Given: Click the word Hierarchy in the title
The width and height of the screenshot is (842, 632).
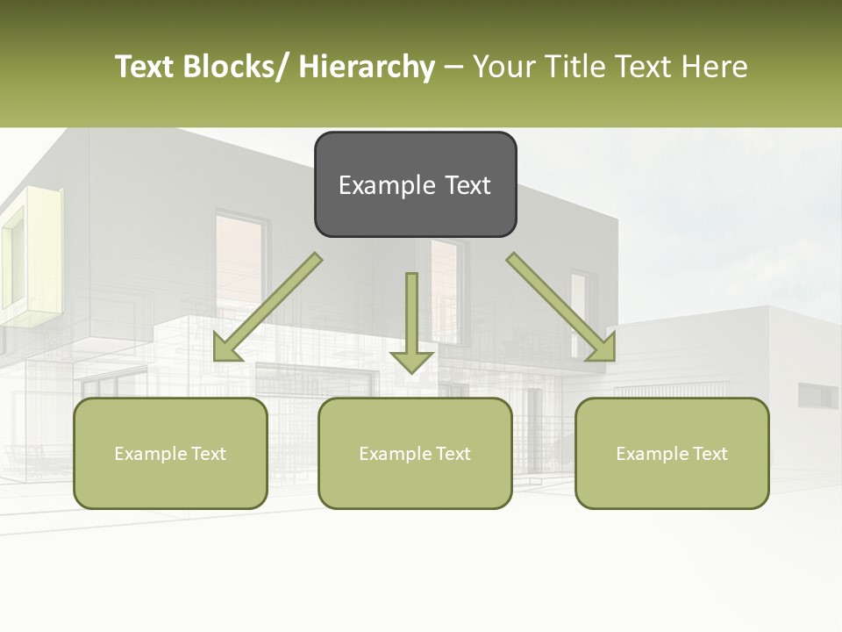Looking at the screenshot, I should pyautogui.click(x=367, y=67).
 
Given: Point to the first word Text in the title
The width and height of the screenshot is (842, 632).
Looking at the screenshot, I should pyautogui.click(x=145, y=67).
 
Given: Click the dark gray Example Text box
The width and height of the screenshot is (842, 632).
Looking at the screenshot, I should pyautogui.click(x=415, y=184).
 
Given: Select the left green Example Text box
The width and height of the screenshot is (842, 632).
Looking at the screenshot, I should pyautogui.click(x=170, y=453).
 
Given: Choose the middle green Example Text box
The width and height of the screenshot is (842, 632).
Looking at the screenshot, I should pyautogui.click(x=415, y=453).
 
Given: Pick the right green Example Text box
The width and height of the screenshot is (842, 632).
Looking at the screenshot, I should pyautogui.click(x=672, y=453).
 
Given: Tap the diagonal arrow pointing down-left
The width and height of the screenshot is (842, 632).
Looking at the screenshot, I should pyautogui.click(x=268, y=307).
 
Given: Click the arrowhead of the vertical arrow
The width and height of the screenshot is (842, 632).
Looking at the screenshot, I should pyautogui.click(x=411, y=361).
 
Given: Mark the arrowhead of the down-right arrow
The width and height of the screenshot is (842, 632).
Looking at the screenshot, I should pyautogui.click(x=602, y=348).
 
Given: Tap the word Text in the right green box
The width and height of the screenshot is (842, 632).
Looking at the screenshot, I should pyautogui.click(x=710, y=453).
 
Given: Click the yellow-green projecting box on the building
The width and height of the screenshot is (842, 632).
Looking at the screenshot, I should pyautogui.click(x=31, y=255).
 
